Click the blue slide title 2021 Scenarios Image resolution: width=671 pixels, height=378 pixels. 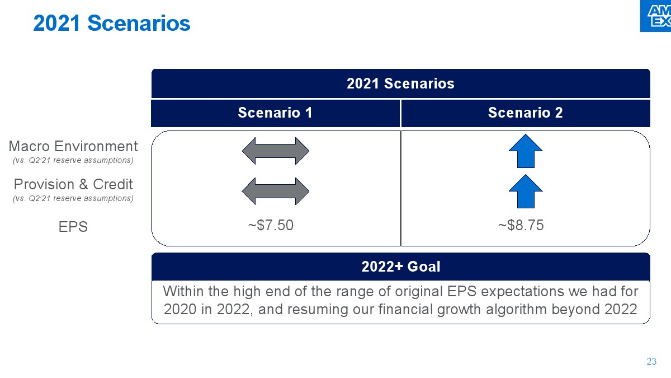112,23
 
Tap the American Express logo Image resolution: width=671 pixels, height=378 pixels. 655,16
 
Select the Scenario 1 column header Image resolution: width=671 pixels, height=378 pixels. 275,113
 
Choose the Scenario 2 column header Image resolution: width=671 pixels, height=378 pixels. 526,113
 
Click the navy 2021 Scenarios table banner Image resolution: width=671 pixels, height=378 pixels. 400,83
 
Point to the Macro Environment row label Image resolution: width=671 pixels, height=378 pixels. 73,146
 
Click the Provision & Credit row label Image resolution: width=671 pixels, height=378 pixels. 73,184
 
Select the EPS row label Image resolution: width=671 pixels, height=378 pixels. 73,227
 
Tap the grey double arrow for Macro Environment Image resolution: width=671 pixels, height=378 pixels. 275,151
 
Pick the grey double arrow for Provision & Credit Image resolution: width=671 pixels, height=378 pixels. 275,191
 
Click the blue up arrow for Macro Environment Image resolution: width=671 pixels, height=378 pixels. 526,151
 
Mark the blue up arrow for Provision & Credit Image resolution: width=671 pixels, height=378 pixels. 526,192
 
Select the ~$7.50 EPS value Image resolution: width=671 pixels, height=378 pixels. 271,225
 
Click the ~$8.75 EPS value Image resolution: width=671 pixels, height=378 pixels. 521,225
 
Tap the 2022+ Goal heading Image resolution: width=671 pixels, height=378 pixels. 401,267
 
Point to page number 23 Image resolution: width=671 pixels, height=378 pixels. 651,361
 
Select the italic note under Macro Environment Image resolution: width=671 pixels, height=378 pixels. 73,161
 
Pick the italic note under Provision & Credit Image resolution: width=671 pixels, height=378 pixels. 73,199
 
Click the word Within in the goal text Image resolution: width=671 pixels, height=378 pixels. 183,291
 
